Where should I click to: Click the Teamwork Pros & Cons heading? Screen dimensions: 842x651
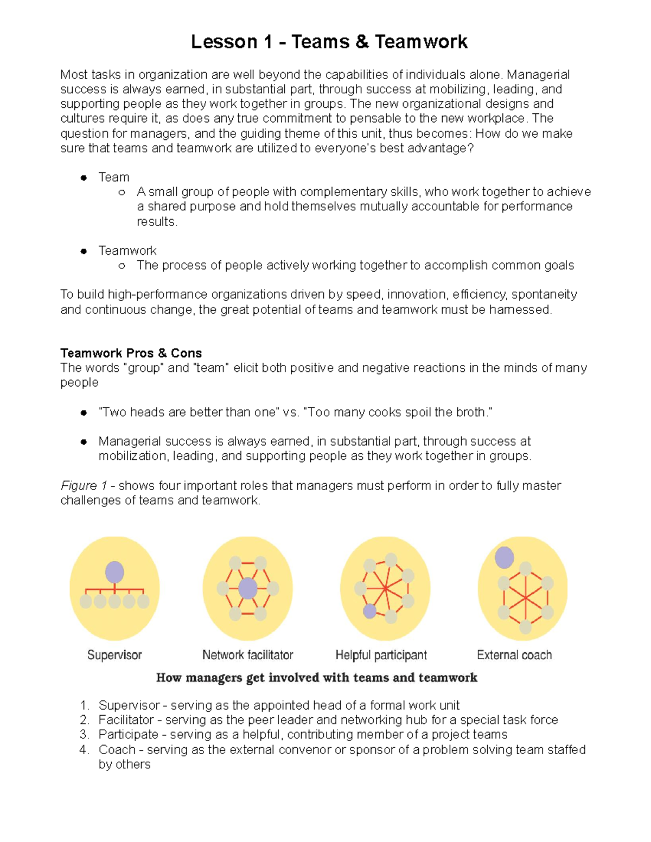[x=131, y=353]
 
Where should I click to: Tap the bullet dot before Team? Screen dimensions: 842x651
[x=84, y=177]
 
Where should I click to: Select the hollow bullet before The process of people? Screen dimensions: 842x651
[x=122, y=266]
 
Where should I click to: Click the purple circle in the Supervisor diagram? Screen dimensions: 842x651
[x=114, y=572]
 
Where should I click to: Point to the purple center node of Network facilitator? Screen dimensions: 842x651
[x=248, y=588]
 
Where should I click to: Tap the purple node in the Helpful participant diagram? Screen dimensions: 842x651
[x=369, y=611]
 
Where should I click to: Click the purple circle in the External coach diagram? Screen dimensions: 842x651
[x=504, y=557]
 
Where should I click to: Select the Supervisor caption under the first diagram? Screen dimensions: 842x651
[x=114, y=655]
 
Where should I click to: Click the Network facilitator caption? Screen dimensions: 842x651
[x=247, y=655]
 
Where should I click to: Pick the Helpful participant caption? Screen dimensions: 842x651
[x=381, y=655]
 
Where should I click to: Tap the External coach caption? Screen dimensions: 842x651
[x=514, y=655]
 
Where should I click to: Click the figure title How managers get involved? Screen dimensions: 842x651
[x=316, y=678]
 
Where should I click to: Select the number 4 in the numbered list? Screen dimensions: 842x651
[x=84, y=750]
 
